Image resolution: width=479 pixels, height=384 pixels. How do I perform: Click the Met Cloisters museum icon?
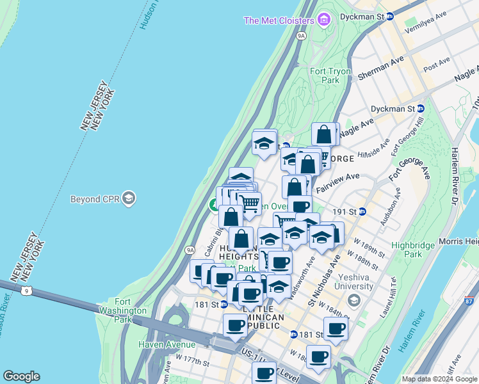[x=324, y=20]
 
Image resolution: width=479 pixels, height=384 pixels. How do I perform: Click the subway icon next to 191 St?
[x=362, y=211]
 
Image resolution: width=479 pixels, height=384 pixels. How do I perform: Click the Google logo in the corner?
[x=21, y=376]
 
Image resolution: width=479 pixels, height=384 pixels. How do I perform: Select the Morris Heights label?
[x=459, y=241]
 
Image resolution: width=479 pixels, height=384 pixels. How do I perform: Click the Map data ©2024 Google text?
[x=439, y=379]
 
